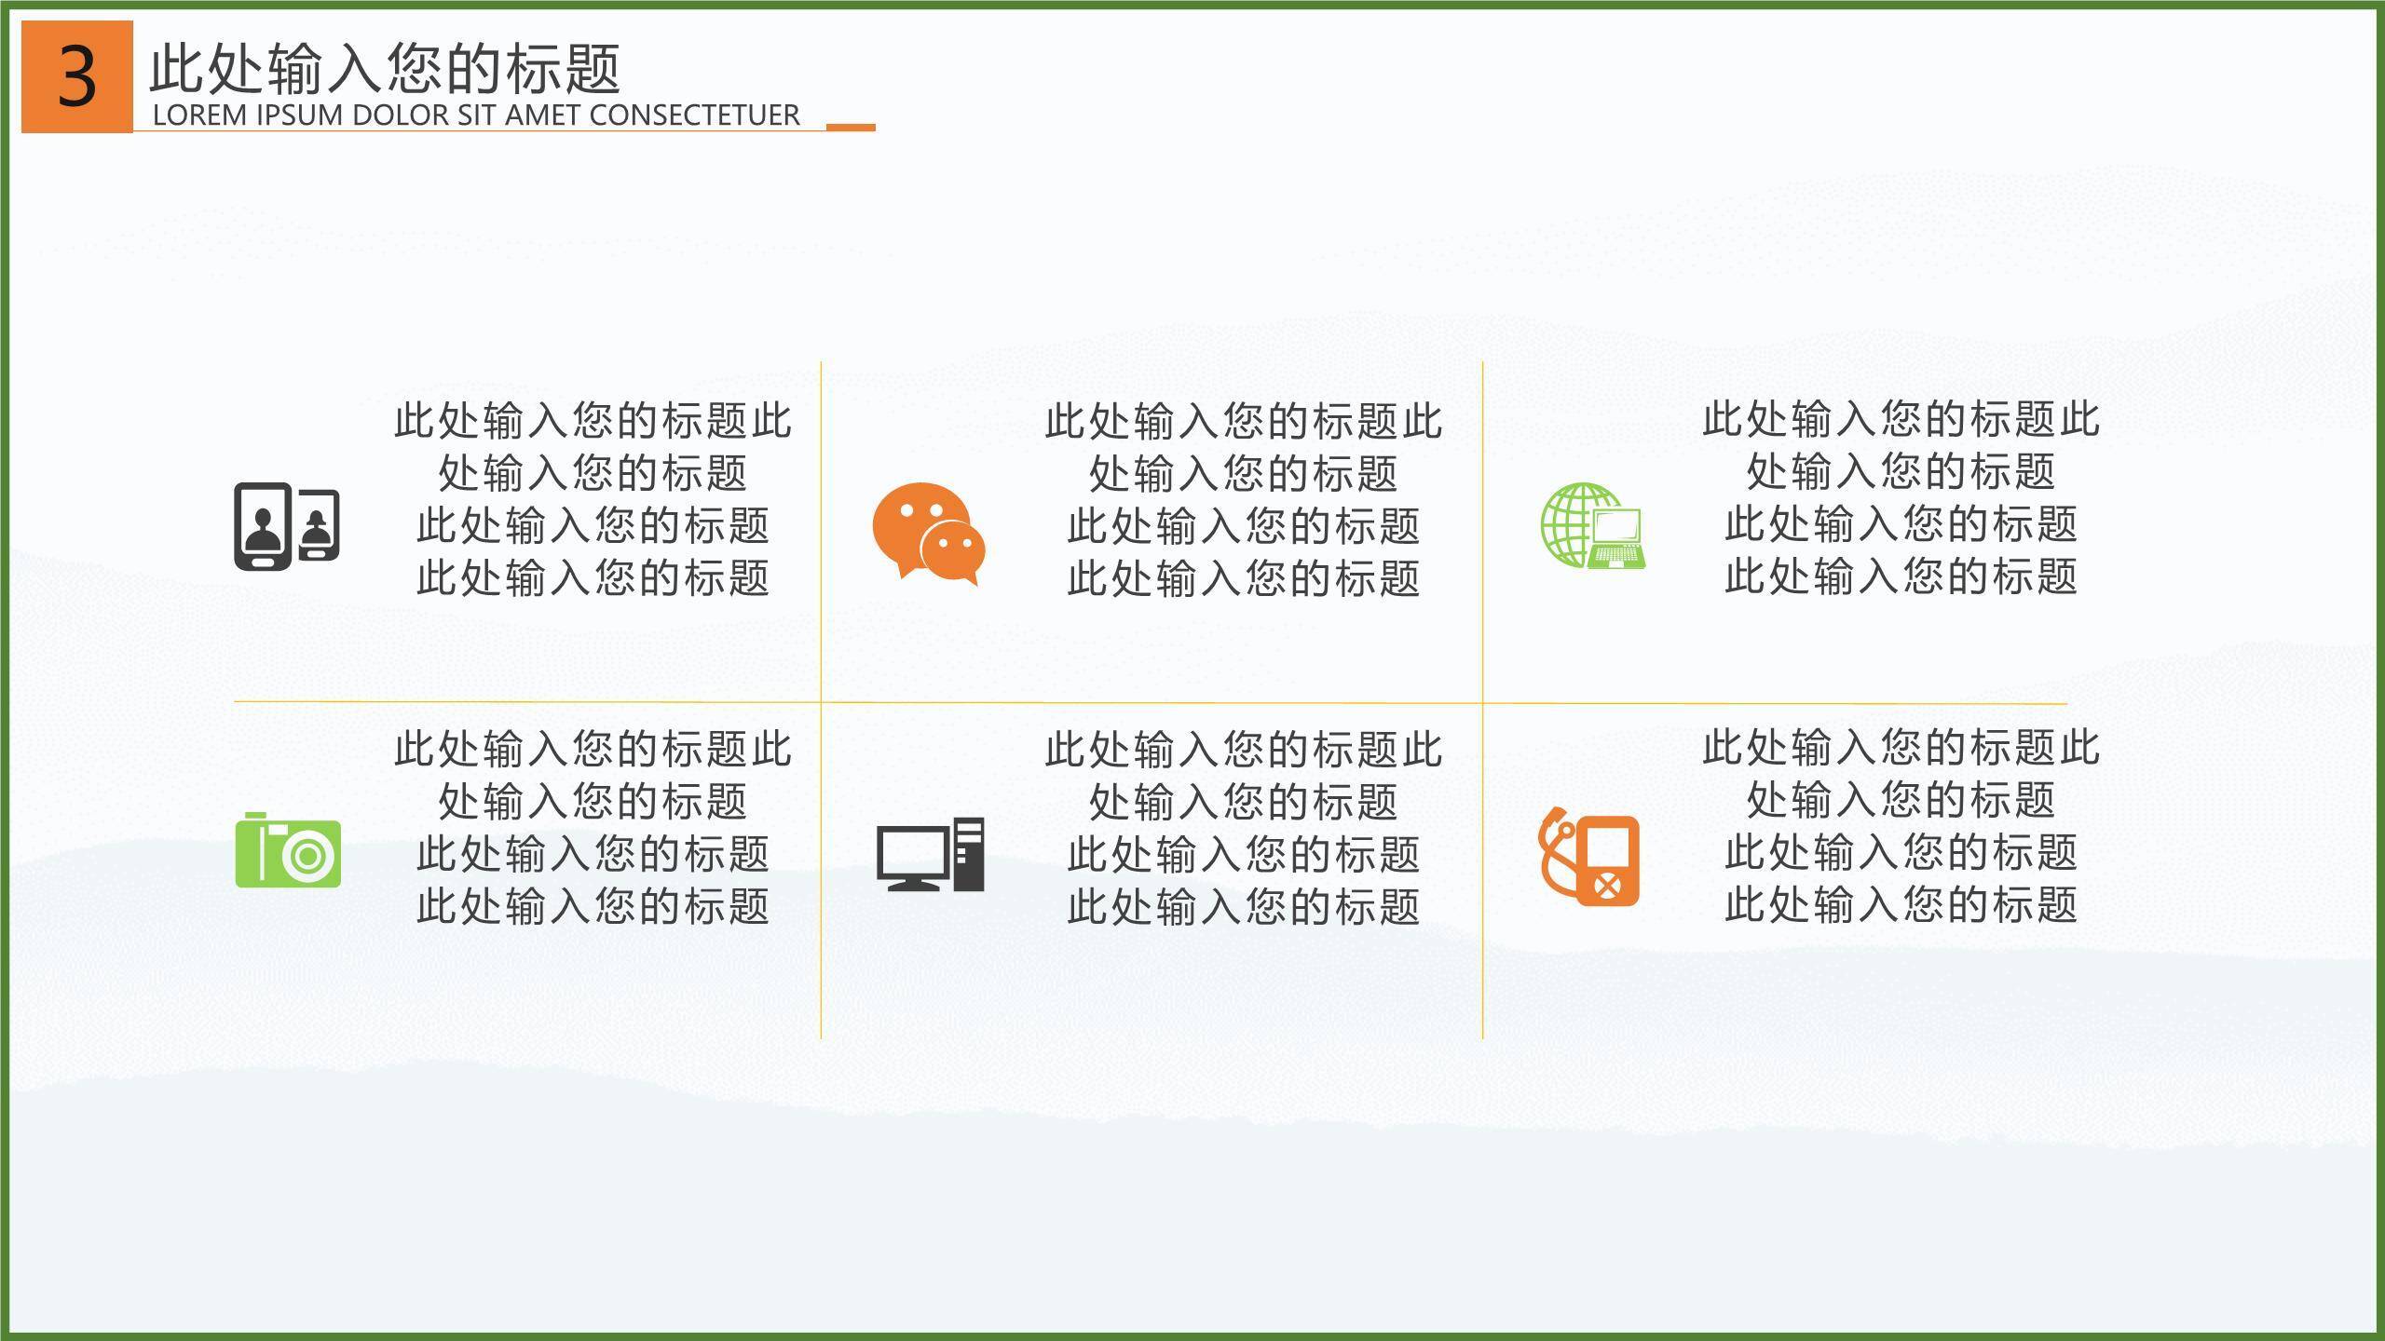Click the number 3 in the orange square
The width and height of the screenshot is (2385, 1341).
(77, 77)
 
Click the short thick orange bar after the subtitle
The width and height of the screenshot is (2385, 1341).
(851, 127)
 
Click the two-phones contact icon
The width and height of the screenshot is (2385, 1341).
(286, 526)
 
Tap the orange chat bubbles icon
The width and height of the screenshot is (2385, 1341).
(928, 534)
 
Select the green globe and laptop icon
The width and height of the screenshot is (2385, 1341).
(1592, 525)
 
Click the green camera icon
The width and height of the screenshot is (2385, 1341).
(288, 850)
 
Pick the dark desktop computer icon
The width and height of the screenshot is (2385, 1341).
(930, 854)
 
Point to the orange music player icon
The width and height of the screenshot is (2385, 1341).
(1588, 857)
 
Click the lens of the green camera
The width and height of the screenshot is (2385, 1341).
(308, 856)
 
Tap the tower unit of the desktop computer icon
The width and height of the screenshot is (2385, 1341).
(969, 854)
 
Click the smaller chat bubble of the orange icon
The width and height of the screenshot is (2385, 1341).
(952, 549)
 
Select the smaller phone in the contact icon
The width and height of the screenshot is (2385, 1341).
(319, 525)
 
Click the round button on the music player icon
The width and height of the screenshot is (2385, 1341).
(1607, 884)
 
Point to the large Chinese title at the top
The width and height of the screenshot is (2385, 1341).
(385, 68)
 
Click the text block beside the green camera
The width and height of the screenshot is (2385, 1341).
(593, 827)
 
